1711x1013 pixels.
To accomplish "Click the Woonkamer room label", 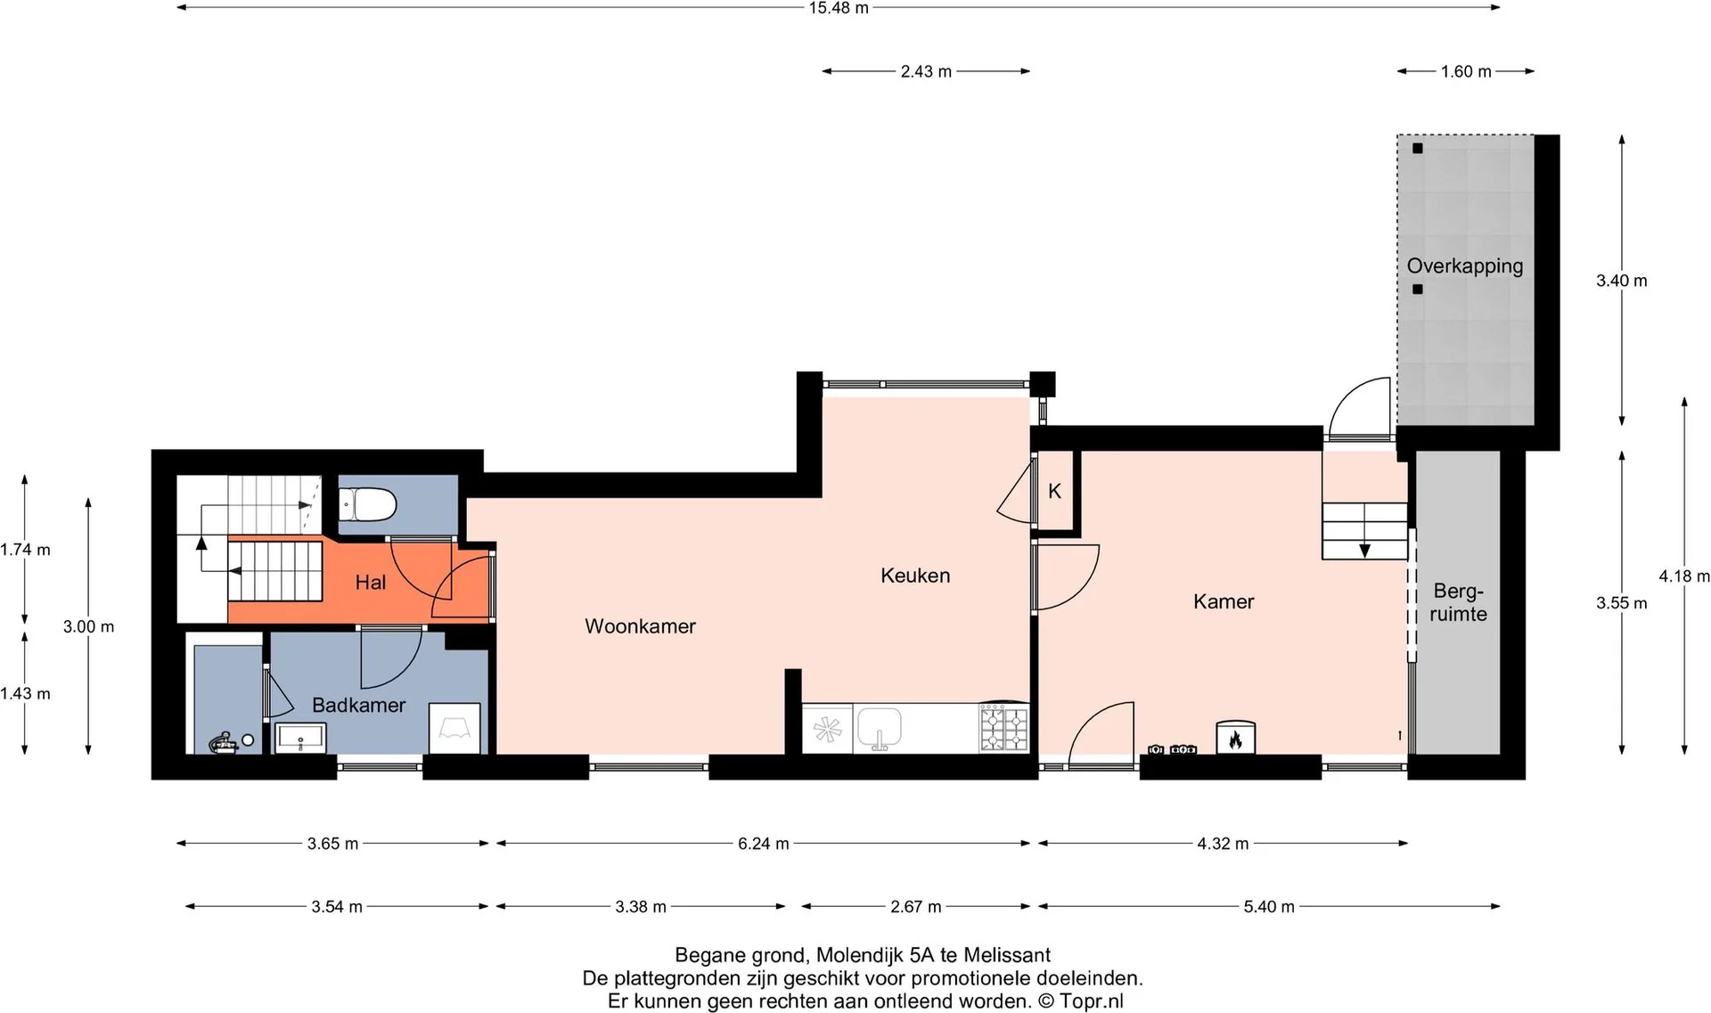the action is [640, 626].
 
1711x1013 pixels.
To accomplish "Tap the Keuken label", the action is [915, 576].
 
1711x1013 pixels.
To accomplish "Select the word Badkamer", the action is [358, 705].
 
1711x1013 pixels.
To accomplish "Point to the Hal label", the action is [370, 583].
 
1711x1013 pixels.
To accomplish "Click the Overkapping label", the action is [1465, 266].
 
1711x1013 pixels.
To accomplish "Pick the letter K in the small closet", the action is [1054, 491].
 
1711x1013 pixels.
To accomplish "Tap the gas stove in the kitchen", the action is [1004, 729].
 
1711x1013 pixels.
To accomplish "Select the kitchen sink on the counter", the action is [880, 729].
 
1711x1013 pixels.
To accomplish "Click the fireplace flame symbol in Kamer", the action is [1235, 739].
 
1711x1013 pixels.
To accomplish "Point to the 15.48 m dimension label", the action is [839, 8].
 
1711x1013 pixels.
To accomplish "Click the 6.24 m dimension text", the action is [764, 844].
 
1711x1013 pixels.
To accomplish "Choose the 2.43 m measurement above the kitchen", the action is [926, 71].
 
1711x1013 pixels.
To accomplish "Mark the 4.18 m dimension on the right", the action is [1684, 576].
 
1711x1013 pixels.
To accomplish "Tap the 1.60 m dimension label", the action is [1466, 71].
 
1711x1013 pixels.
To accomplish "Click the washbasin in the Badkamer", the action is [301, 739].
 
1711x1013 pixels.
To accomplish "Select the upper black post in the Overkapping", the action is [1418, 149].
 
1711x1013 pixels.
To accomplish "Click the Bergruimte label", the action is [1458, 603].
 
